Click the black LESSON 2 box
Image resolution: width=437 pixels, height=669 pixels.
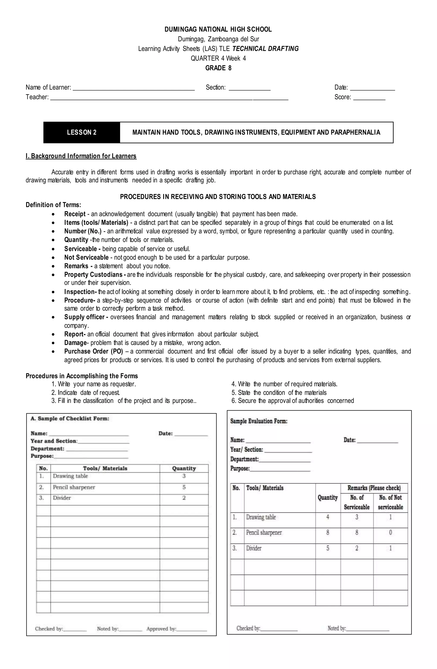pyautogui.click(x=82, y=132)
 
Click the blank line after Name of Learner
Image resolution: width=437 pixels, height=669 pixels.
pyautogui.click(x=134, y=88)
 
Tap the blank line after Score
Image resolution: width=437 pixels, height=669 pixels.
pyautogui.click(x=369, y=98)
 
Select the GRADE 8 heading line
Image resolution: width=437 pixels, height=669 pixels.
pyautogui.click(x=218, y=68)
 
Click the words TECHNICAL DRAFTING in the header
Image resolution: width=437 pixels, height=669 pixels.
pyautogui.click(x=265, y=49)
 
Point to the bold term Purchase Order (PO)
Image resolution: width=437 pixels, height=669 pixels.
pyautogui.click(x=93, y=351)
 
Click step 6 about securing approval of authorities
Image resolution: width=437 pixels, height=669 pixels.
pyautogui.click(x=293, y=401)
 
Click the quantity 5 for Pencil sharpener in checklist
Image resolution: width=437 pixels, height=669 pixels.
pyautogui.click(x=184, y=487)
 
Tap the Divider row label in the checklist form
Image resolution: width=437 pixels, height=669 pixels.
pyautogui.click(x=62, y=498)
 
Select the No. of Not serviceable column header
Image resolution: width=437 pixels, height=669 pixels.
pyautogui.click(x=390, y=502)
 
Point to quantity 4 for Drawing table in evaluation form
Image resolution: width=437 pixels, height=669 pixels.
pyautogui.click(x=328, y=517)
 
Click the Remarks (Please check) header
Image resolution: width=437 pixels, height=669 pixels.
pyautogui.click(x=374, y=488)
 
